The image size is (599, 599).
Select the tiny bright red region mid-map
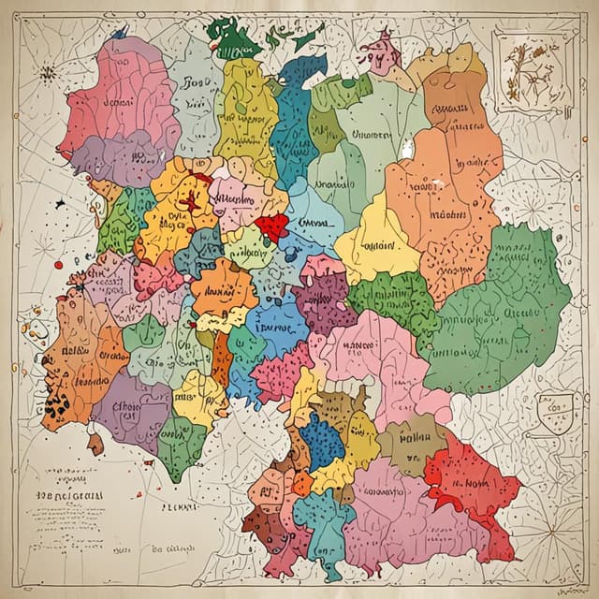[272, 226]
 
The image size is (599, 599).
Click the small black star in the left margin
[61, 202]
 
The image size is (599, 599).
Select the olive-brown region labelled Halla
[409, 441]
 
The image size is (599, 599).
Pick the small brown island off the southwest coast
[95, 443]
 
